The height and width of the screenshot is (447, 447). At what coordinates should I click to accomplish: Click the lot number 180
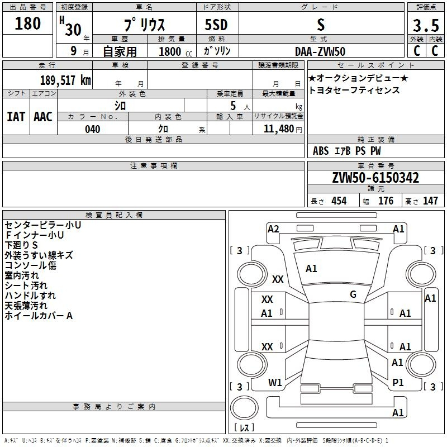[x=27, y=23]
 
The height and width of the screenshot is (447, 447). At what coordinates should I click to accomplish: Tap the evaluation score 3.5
[x=426, y=25]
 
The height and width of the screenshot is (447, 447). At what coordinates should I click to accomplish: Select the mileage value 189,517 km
[x=65, y=80]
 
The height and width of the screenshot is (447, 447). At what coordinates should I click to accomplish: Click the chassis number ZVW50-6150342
[x=375, y=178]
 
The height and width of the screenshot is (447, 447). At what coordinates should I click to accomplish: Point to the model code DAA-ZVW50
[x=320, y=51]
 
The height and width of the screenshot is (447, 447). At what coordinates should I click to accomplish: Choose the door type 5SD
[x=216, y=25]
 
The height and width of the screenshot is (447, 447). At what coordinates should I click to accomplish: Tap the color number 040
[x=93, y=129]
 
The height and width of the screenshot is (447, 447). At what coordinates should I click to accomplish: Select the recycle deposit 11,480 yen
[x=283, y=129]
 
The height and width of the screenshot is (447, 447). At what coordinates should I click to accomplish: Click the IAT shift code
[x=16, y=117]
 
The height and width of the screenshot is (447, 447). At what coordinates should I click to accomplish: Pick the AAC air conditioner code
[x=43, y=117]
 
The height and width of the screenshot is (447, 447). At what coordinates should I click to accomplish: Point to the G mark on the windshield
[x=353, y=294]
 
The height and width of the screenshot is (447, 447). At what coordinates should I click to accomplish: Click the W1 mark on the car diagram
[x=275, y=383]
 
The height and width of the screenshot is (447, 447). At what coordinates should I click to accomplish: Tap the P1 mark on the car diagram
[x=398, y=383]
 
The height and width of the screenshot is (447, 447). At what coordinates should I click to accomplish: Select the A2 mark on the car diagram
[x=273, y=229]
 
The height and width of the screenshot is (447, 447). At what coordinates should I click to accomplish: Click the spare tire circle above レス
[x=244, y=408]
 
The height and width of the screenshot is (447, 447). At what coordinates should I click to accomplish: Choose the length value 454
[x=339, y=201]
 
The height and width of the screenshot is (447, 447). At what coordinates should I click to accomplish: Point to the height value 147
[x=430, y=201]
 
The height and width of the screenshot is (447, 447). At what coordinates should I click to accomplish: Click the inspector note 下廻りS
[x=21, y=245]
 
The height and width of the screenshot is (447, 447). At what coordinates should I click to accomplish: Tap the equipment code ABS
[x=321, y=151]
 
